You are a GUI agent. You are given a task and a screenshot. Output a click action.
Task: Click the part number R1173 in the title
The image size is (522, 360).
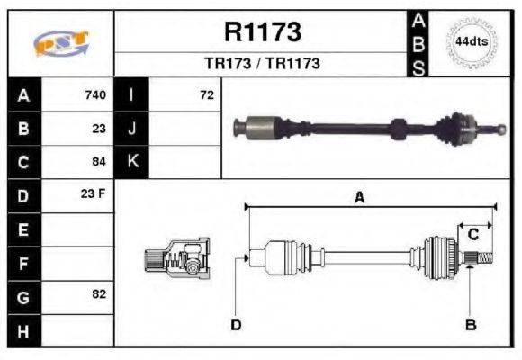click(262, 32)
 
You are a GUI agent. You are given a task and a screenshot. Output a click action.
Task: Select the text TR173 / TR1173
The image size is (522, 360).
click(262, 65)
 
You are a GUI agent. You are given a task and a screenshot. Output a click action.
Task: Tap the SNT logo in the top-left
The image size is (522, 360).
click(60, 44)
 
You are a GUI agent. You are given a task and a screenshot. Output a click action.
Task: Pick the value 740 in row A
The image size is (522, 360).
click(95, 95)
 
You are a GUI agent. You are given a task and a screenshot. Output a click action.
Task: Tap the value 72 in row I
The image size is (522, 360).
click(206, 95)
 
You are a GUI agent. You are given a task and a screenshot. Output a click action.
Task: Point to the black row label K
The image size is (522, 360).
click(131, 162)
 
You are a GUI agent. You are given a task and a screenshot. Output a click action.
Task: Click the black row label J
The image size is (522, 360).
click(131, 129)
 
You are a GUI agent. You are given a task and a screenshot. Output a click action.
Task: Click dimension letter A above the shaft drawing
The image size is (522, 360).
click(359, 199)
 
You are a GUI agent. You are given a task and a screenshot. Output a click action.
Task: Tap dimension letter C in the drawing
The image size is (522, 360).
click(472, 235)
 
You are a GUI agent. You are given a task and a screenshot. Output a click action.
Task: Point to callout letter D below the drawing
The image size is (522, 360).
click(236, 324)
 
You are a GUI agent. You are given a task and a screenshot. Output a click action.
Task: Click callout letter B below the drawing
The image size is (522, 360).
click(470, 324)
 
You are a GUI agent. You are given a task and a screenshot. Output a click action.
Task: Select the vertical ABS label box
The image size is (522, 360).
click(418, 43)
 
